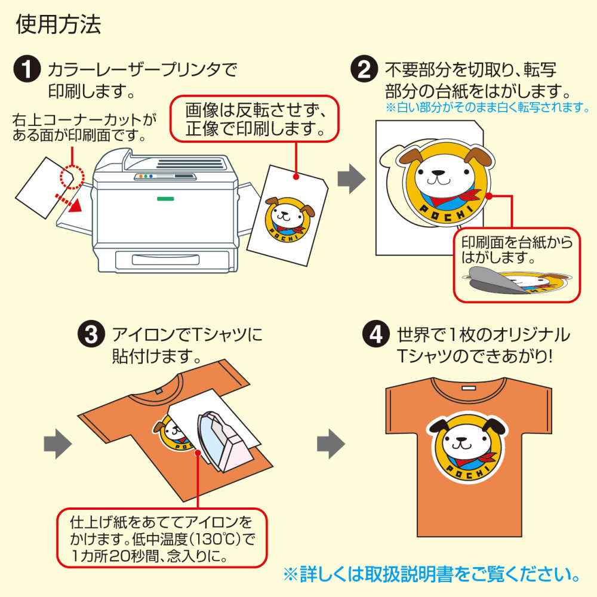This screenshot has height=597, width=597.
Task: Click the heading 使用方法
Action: pos(59,24)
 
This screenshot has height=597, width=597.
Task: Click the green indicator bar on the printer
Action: pos(165,199)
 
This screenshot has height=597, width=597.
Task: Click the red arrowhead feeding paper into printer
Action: pos(76,205)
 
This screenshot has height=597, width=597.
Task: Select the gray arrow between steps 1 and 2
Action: pos(352,179)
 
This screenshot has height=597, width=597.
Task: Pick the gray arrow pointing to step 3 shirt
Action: pos(58,444)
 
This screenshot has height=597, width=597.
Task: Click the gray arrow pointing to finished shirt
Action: pos(331,444)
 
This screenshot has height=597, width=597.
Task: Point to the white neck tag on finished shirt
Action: pos(469,389)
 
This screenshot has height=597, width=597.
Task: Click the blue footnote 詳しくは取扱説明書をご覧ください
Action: pos(432,574)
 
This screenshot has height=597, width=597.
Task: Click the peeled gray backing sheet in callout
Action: pos(495,280)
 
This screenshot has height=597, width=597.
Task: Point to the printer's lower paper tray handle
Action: pos(165,260)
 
